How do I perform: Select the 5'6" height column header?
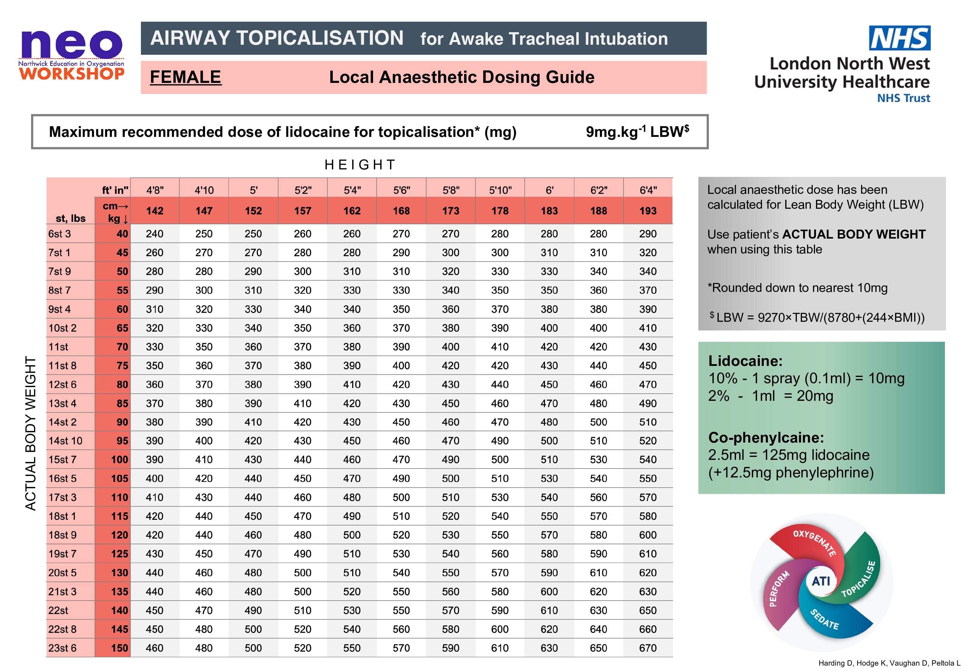point(401,190)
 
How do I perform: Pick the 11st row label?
point(58,347)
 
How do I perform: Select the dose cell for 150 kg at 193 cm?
point(648,648)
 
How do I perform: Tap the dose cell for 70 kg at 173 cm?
point(450,347)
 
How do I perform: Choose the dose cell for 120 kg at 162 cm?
point(352,535)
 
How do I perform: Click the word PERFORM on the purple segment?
point(779,589)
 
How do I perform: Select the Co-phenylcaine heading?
point(766,438)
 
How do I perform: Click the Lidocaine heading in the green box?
point(745,361)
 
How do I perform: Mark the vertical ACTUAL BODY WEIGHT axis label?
point(31,433)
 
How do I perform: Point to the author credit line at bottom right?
point(889,663)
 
